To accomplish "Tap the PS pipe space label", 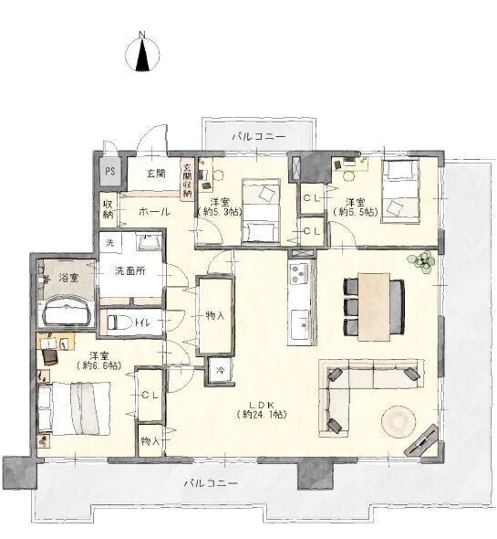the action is [110, 171].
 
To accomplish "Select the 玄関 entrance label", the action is [156, 174].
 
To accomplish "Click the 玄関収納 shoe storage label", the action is [187, 180].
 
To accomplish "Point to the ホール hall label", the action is [154, 212].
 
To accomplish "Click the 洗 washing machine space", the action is [109, 243].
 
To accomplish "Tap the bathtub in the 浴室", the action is [67, 312].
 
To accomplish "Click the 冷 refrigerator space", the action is [220, 370].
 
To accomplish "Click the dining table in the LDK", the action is [374, 307].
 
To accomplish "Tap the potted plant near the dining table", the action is [421, 262].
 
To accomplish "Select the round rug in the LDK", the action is [399, 421].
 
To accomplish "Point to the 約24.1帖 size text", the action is [262, 415].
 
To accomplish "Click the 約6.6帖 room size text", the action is [99, 365].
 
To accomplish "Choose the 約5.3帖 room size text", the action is [220, 212].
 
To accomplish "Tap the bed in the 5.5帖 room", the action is [401, 192].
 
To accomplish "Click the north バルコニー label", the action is [259, 136].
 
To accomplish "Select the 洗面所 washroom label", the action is [130, 271].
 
